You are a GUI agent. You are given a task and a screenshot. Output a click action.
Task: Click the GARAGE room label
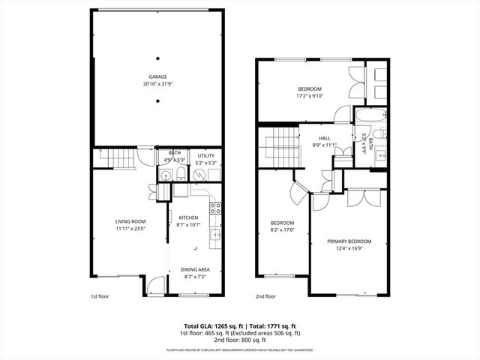(157, 76)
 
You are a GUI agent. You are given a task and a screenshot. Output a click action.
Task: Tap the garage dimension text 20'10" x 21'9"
(157, 83)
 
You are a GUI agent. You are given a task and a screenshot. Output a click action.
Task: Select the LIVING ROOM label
(130, 221)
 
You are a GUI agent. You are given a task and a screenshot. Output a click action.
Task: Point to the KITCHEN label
(187, 217)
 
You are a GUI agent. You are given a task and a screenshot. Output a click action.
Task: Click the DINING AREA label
(195, 270)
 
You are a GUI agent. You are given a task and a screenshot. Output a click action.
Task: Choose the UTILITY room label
(206, 156)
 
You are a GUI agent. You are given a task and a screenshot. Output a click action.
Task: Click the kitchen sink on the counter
(215, 235)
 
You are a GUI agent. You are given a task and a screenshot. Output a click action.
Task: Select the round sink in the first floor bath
(165, 175)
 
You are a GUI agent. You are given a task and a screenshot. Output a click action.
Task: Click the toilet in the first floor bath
(181, 174)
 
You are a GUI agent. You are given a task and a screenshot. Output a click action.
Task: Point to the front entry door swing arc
(155, 285)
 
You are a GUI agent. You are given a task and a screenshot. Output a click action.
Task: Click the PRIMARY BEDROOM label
(349, 241)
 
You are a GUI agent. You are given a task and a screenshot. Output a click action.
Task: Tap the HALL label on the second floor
(324, 138)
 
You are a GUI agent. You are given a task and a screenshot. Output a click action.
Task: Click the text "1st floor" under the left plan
(100, 297)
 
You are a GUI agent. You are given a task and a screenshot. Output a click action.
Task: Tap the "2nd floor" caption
(266, 297)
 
